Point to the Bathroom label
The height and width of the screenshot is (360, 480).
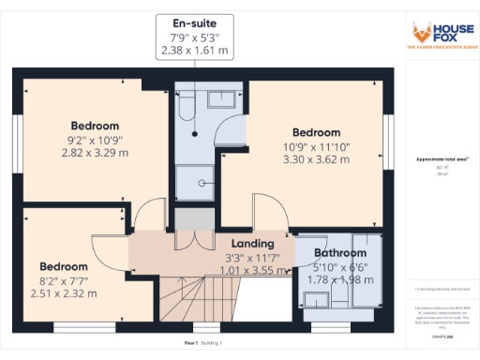340,253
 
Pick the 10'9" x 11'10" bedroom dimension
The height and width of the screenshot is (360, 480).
316,146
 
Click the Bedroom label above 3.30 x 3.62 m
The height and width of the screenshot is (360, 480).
316,132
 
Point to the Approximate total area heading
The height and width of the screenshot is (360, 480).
441,159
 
